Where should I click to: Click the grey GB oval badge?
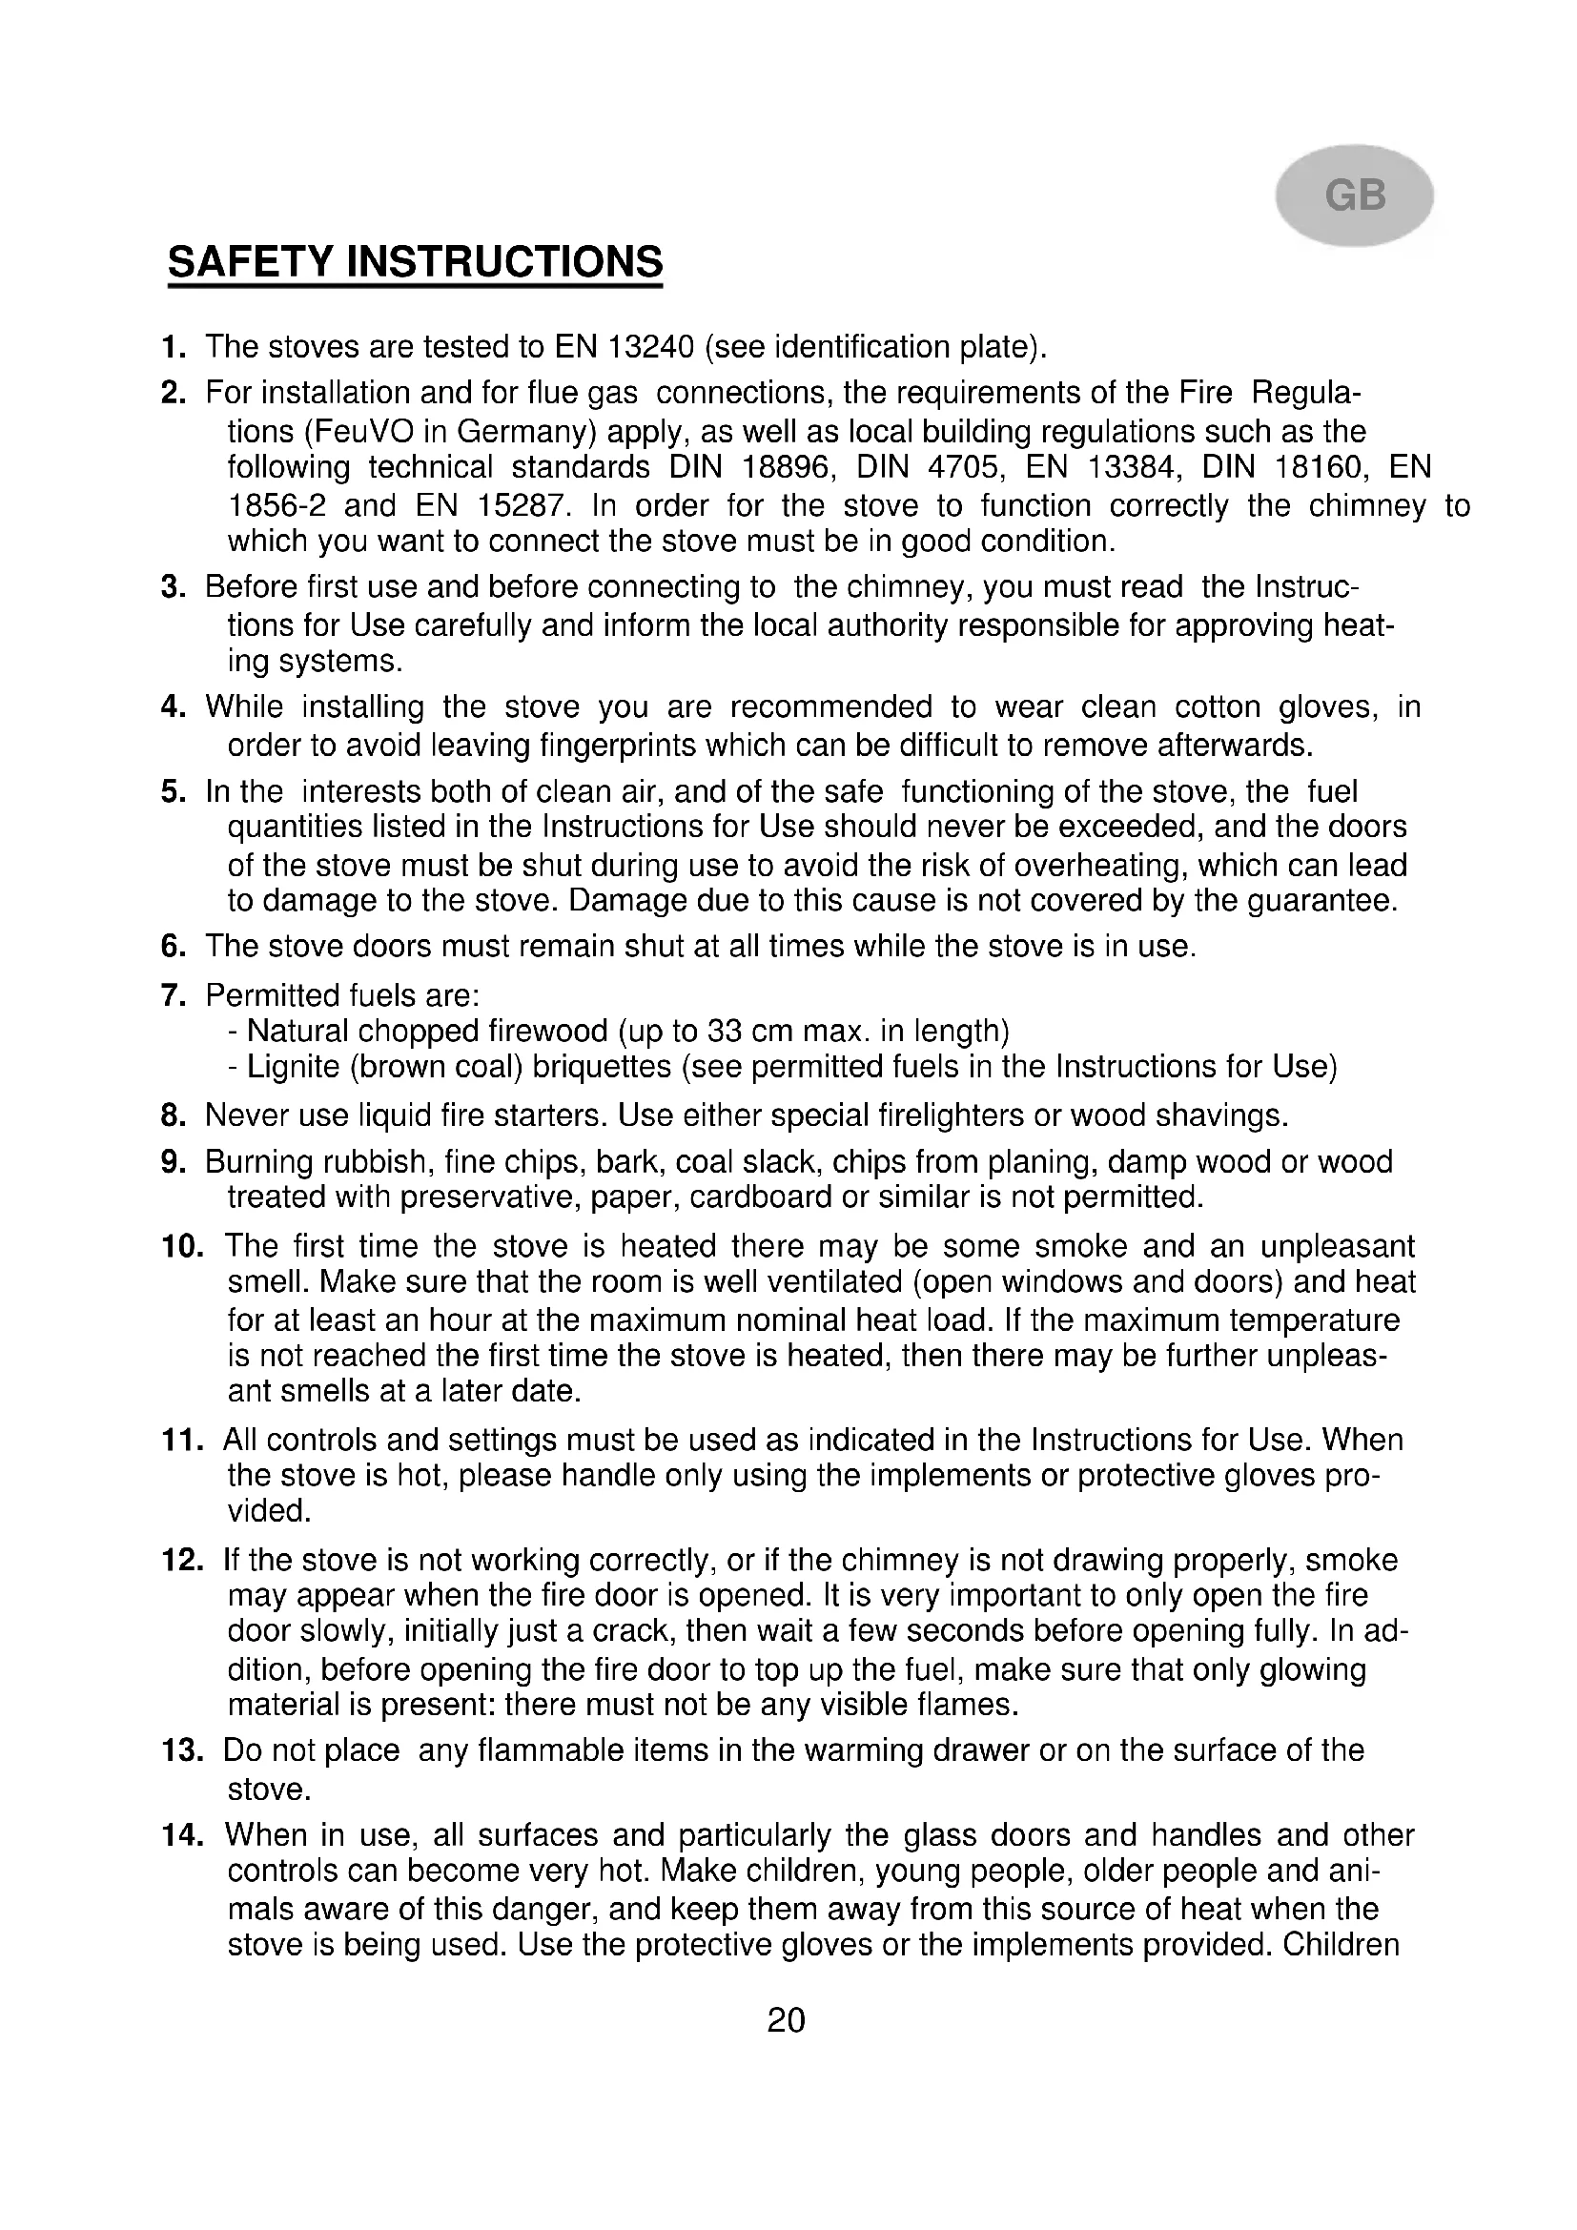coord(1354,195)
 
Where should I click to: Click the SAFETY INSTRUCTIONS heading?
coord(415,262)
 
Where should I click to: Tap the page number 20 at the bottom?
coord(786,2020)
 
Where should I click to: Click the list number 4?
coord(173,707)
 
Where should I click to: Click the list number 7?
coord(173,995)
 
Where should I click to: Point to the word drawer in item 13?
coord(980,1750)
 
